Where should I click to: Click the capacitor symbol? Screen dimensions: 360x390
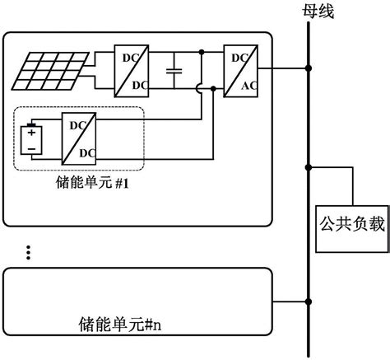[174, 70]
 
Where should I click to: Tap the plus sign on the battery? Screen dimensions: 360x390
[32, 131]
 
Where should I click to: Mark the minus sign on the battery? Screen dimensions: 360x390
[32, 147]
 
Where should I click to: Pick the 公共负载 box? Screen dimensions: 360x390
[351, 223]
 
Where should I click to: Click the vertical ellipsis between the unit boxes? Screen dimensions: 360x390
[27, 251]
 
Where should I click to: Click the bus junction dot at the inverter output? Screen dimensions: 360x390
[309, 68]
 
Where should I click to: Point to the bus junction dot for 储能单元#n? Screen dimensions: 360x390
[309, 302]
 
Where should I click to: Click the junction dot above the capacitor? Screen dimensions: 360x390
[202, 51]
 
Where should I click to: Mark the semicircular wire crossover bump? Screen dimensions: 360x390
[202, 86]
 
